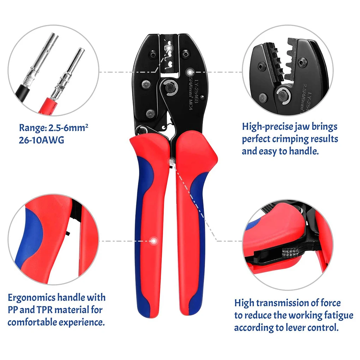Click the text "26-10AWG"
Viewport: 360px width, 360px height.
pos(42,140)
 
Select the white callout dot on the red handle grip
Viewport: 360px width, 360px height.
pos(154,241)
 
